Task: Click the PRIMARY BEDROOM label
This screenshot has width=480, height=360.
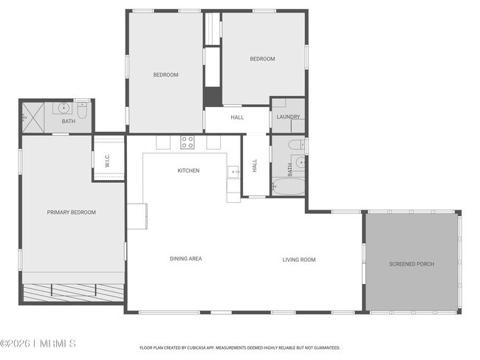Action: tap(72, 212)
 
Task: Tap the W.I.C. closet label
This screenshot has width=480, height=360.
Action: tap(108, 161)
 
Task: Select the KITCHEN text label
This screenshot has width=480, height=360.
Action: tap(188, 170)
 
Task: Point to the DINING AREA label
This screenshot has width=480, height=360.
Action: tap(185, 259)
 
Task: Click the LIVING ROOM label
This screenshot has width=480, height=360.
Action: tap(299, 260)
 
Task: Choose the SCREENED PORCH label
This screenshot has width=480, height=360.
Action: tap(411, 264)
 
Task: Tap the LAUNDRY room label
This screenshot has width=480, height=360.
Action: tap(288, 117)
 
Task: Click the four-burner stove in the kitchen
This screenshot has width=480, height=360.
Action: tap(188, 142)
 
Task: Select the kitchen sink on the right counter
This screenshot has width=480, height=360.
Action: tap(234, 173)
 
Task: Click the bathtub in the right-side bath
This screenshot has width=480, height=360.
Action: tap(287, 187)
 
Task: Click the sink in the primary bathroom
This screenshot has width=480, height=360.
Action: tap(65, 108)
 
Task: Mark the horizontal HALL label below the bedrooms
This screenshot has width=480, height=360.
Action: tap(237, 117)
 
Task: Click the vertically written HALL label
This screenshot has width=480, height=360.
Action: tap(255, 167)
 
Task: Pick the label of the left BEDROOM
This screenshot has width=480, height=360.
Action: tap(165, 75)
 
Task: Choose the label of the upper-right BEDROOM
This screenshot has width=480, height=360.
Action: tap(262, 59)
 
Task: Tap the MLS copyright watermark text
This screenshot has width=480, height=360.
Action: tap(38, 344)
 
